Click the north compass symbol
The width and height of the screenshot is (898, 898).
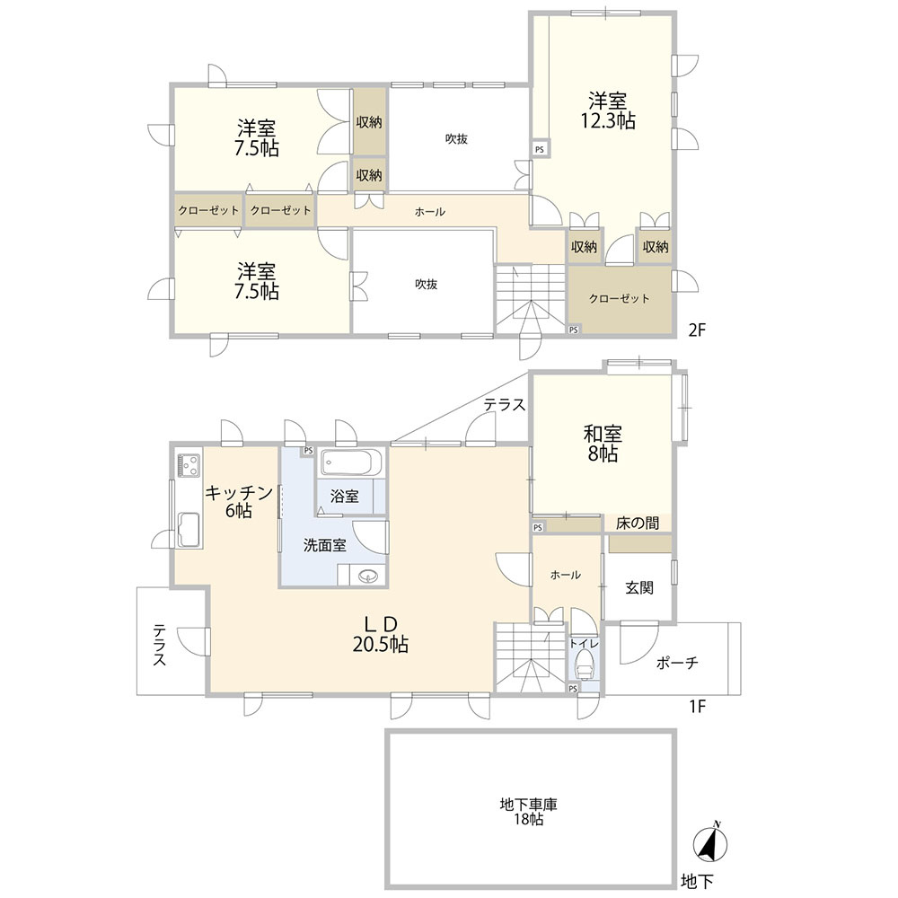pos(710,843)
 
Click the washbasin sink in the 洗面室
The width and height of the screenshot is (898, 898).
pos(366,575)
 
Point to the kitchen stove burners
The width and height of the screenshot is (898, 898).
pos(189,465)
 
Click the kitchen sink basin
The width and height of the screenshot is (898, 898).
pos(189,529)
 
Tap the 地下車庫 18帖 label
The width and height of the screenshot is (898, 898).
pos(528,812)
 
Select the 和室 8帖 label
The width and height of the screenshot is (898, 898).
pos(603,444)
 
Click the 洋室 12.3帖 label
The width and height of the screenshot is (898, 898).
pos(608,111)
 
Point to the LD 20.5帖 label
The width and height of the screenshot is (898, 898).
pos(380,634)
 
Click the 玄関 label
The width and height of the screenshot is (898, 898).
pos(639,587)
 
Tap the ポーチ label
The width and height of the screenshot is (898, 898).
pos(677,663)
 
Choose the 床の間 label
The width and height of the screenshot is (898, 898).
pos(637,523)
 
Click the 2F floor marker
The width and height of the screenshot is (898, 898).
pos(697,330)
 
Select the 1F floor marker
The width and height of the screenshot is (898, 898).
pos(697,706)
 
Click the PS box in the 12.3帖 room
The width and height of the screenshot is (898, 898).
pos(540,149)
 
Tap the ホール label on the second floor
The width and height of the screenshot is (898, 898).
pos(429,212)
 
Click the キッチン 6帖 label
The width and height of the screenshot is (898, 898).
pos(238,500)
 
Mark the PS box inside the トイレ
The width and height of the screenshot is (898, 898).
pos(573,689)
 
